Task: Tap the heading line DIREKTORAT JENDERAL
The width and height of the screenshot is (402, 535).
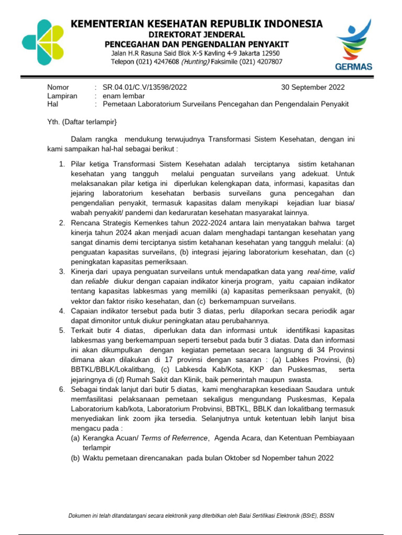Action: point(197,33)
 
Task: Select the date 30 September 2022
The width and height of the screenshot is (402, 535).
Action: point(313,87)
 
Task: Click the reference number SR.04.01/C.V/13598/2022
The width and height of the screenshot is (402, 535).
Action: point(144,87)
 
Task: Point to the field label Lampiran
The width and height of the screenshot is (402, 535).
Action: point(62,96)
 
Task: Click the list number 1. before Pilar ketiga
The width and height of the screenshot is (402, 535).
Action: point(62,164)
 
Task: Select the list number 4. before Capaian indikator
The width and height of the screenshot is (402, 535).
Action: point(62,311)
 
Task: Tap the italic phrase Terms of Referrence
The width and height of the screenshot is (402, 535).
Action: point(175,438)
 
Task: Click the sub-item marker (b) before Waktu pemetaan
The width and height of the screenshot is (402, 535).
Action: point(75,458)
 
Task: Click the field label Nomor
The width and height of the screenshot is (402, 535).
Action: point(58,87)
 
